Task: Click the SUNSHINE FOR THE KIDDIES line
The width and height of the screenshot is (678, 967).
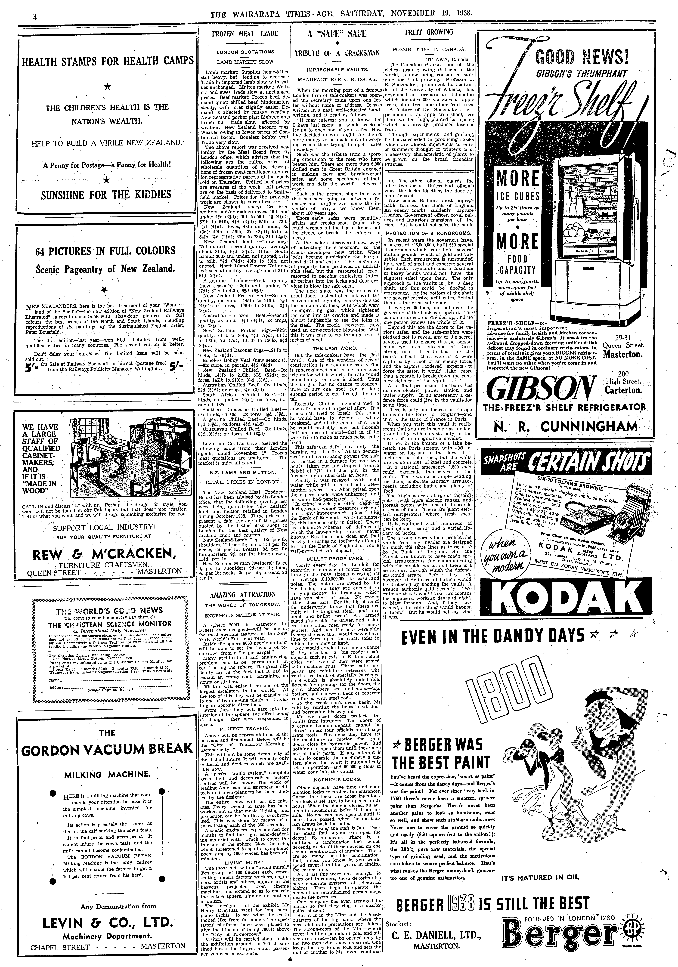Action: tap(107, 194)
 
